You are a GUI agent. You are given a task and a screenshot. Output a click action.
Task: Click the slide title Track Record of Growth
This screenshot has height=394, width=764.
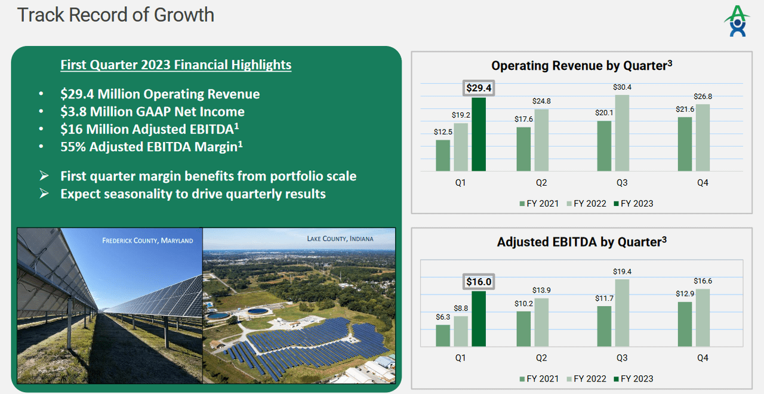(x=116, y=14)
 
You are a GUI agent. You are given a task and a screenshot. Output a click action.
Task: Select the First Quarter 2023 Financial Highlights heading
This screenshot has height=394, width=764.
(x=175, y=64)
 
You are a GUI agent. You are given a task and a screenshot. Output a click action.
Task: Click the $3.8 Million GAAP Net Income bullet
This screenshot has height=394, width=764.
(x=152, y=112)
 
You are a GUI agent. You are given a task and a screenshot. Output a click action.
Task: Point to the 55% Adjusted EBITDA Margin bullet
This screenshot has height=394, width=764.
(x=151, y=147)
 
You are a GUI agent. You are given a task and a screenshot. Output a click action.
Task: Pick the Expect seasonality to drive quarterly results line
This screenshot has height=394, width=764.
(x=193, y=193)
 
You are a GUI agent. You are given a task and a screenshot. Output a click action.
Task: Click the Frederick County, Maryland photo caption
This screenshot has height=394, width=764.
(x=147, y=241)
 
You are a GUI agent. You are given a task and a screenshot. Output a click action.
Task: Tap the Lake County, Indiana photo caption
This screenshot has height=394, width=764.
(x=340, y=239)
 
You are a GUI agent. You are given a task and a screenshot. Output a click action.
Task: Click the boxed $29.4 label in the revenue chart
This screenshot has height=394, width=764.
(x=479, y=88)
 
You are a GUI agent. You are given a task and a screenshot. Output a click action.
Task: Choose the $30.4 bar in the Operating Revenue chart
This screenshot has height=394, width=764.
(x=622, y=133)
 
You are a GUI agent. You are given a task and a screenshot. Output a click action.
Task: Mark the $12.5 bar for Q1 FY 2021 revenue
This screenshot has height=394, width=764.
(x=443, y=155)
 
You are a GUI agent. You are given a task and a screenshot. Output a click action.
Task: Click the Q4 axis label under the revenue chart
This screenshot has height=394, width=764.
(x=703, y=183)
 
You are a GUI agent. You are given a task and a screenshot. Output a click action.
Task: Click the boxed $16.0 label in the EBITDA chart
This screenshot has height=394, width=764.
(x=479, y=281)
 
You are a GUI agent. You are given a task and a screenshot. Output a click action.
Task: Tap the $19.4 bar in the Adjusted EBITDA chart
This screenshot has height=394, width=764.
(x=622, y=313)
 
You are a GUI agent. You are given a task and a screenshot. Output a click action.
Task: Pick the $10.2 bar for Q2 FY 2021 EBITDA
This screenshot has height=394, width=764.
(x=523, y=328)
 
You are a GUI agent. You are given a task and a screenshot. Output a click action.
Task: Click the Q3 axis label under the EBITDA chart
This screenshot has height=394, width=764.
(x=622, y=358)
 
